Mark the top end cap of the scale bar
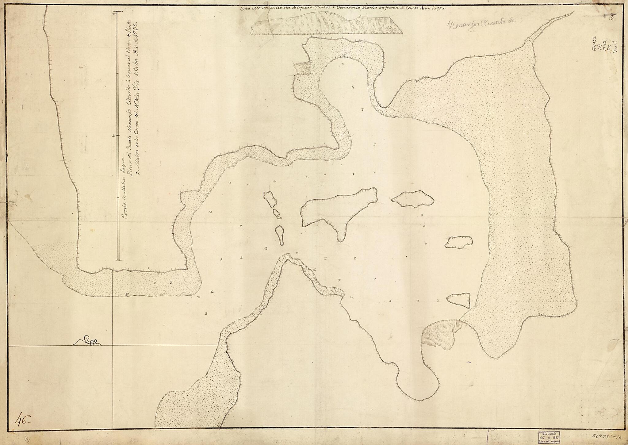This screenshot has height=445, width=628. point(118,14)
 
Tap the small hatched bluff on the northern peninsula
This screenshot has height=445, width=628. point(302,69)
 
